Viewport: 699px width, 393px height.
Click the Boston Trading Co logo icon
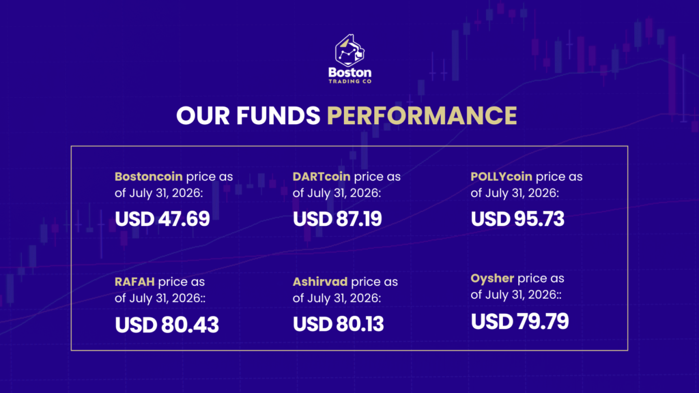pyautogui.click(x=350, y=50)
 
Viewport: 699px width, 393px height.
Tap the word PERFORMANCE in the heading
pyautogui.click(x=422, y=115)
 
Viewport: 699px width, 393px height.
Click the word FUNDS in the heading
pyautogui.click(x=279, y=115)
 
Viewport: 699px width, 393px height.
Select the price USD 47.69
pyautogui.click(x=162, y=219)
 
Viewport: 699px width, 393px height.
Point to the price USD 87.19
pyautogui.click(x=337, y=219)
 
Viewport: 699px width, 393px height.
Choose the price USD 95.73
pyautogui.click(x=517, y=219)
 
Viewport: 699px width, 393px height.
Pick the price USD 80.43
pyautogui.click(x=167, y=324)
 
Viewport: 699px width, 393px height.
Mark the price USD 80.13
pyautogui.click(x=339, y=324)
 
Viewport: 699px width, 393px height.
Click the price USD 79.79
pyautogui.click(x=519, y=321)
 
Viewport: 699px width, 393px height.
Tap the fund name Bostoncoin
pyautogui.click(x=148, y=177)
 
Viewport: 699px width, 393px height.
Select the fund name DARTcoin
pyautogui.click(x=322, y=177)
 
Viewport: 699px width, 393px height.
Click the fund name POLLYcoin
pyautogui.click(x=502, y=177)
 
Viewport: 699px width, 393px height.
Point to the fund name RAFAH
pyautogui.click(x=134, y=282)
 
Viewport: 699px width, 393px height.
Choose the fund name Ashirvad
pyautogui.click(x=320, y=282)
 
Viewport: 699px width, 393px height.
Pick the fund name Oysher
pyautogui.click(x=492, y=278)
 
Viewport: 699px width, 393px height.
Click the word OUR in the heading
pyautogui.click(x=203, y=115)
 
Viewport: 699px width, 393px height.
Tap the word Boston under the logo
pyautogui.click(x=350, y=72)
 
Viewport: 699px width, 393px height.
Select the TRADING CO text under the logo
pyautogui.click(x=350, y=82)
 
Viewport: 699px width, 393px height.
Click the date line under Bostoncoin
pyautogui.click(x=158, y=193)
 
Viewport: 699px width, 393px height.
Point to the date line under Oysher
pyautogui.click(x=516, y=295)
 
